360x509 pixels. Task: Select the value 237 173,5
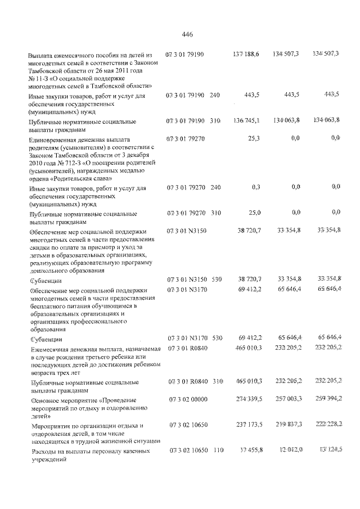tap(246, 425)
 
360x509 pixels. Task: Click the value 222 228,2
tap(329, 425)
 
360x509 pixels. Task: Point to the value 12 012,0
tap(290, 451)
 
